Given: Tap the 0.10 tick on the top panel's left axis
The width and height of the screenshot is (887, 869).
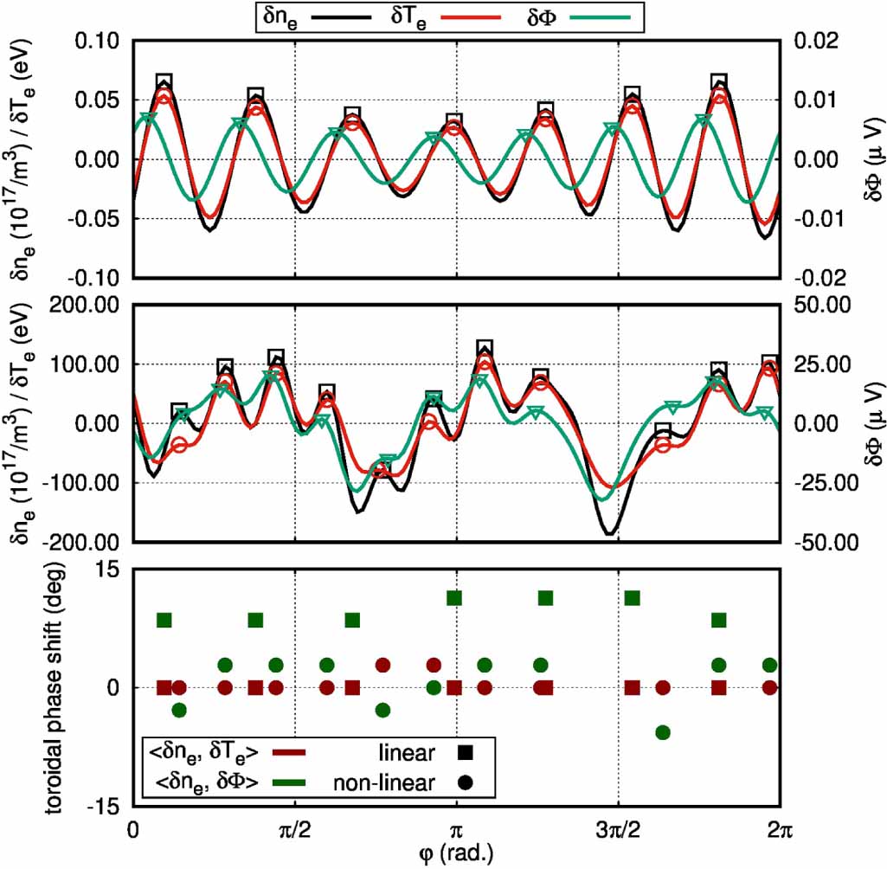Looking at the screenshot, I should pyautogui.click(x=97, y=42).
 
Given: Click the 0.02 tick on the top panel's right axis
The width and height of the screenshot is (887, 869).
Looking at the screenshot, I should pyautogui.click(x=813, y=42).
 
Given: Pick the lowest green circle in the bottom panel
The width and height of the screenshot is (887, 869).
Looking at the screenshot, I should pyautogui.click(x=663, y=732).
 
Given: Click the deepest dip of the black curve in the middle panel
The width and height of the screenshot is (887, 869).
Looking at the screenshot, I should pyautogui.click(x=609, y=533).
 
